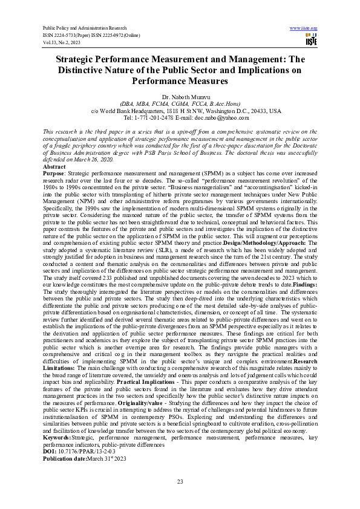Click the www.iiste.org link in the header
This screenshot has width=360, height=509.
click(304, 28)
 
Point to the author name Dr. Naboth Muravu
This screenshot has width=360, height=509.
click(180, 96)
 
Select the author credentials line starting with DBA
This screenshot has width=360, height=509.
click(180, 103)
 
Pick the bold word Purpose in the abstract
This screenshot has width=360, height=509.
click(55, 173)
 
